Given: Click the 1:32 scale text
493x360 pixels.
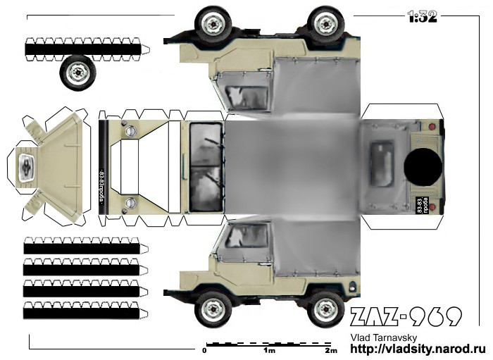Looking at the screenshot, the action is [x=423, y=16].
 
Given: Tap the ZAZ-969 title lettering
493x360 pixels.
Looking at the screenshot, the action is [x=406, y=316].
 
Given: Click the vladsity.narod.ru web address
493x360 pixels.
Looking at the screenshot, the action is [x=418, y=349].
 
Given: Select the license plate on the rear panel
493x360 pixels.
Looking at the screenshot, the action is [x=420, y=202].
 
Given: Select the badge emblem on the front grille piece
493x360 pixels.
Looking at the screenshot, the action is [x=25, y=167].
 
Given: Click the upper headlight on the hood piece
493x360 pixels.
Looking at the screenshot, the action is [x=130, y=130].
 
